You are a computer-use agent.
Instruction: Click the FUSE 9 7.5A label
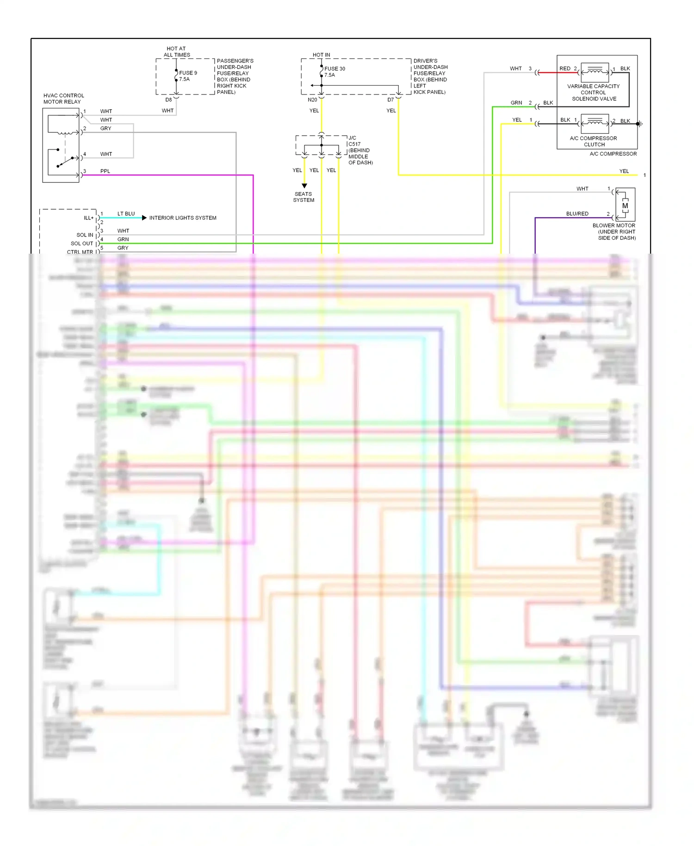(x=188, y=76)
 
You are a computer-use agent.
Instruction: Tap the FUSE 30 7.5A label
(x=334, y=72)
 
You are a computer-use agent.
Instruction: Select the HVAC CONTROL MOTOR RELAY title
(x=63, y=99)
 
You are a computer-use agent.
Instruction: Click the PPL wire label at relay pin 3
(x=105, y=171)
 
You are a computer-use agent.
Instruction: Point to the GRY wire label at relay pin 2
(x=105, y=129)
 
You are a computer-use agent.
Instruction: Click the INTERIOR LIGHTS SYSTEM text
(x=182, y=218)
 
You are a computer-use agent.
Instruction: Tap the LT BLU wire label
(x=126, y=214)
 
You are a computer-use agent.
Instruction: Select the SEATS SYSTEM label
(x=304, y=197)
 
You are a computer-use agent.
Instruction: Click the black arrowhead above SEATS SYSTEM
(x=304, y=186)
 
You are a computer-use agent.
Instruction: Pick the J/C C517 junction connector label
(x=360, y=150)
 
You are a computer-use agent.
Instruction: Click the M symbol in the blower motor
(x=625, y=205)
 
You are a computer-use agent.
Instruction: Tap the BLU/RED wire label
(x=577, y=214)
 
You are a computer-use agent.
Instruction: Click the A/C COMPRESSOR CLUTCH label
(x=594, y=141)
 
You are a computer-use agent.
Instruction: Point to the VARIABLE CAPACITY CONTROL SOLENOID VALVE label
(x=594, y=93)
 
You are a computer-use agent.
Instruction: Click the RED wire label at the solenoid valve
(x=564, y=68)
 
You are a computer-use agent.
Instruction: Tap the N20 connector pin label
(x=312, y=100)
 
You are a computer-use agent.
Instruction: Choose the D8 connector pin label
(x=168, y=100)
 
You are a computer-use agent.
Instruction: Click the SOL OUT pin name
(x=82, y=243)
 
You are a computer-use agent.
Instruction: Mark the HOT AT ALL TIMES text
(x=176, y=51)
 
